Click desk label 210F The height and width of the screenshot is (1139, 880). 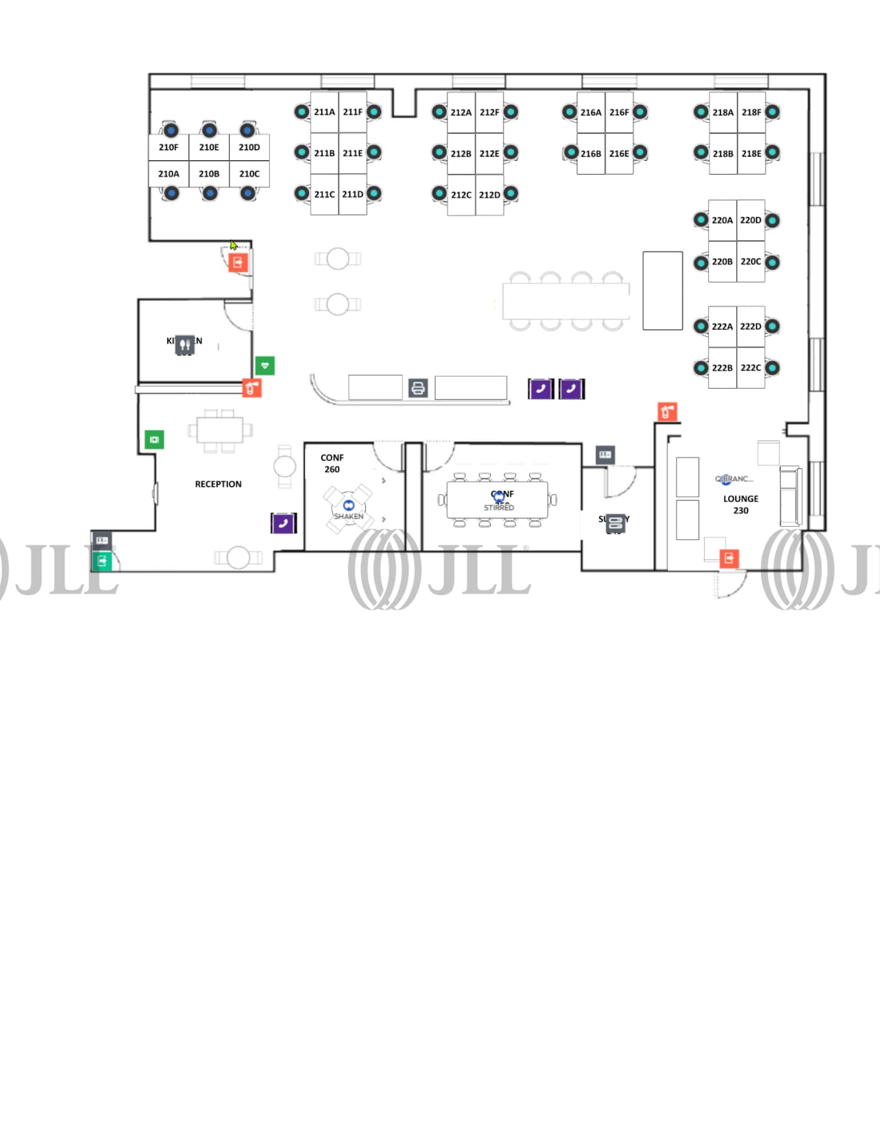click(168, 147)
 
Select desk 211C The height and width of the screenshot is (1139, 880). click(324, 194)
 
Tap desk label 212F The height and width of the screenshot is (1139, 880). click(489, 112)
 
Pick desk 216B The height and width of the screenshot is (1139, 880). click(590, 153)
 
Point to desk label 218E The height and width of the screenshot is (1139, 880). click(751, 153)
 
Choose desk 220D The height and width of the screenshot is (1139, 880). click(750, 220)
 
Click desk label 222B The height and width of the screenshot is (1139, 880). click(722, 368)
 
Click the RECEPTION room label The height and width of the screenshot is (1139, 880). click(218, 484)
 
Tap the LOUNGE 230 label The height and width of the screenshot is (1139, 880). click(741, 504)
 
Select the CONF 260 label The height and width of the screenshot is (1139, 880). click(332, 463)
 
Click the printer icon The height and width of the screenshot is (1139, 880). click(418, 389)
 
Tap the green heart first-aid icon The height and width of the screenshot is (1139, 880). click(265, 365)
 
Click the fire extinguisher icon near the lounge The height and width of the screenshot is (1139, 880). click(667, 412)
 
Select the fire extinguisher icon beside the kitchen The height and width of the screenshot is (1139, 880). click(252, 388)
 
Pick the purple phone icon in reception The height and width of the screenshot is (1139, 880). click(283, 523)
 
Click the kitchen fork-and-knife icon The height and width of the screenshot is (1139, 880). click(184, 344)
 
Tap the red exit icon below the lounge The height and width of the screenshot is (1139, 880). click(729, 558)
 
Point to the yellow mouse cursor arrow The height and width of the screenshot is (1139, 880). click(233, 245)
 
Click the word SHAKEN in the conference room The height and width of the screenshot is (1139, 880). click(349, 516)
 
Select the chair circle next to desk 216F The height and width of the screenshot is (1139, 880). click(640, 112)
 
